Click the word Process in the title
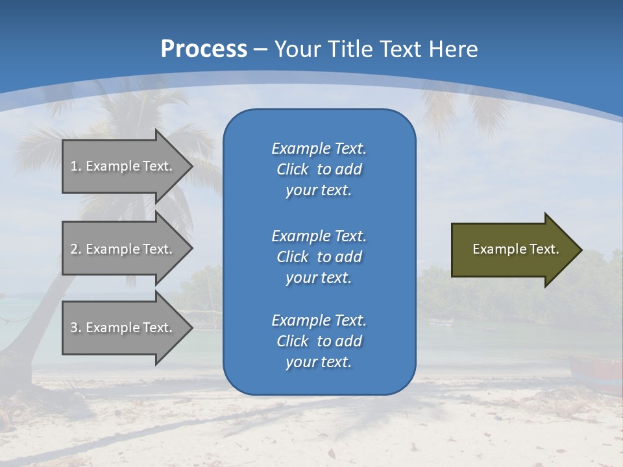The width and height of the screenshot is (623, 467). (x=204, y=49)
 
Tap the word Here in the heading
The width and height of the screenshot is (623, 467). (x=452, y=49)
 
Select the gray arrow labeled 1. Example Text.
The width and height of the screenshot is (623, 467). (x=123, y=166)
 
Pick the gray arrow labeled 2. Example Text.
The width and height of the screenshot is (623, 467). (x=123, y=249)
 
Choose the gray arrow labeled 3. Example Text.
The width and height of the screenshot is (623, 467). (x=123, y=328)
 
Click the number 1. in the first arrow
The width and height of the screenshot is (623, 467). (x=76, y=166)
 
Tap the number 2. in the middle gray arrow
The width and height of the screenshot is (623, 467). (x=76, y=249)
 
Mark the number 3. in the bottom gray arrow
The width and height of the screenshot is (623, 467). (x=76, y=328)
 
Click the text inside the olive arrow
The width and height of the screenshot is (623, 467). (x=515, y=249)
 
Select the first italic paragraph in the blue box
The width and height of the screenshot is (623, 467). (x=319, y=169)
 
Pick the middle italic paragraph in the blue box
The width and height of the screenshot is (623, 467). (x=319, y=257)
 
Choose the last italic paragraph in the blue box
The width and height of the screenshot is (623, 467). (x=319, y=341)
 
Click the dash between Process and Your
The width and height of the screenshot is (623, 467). (x=261, y=50)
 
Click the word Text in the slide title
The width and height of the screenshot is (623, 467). (x=400, y=49)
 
